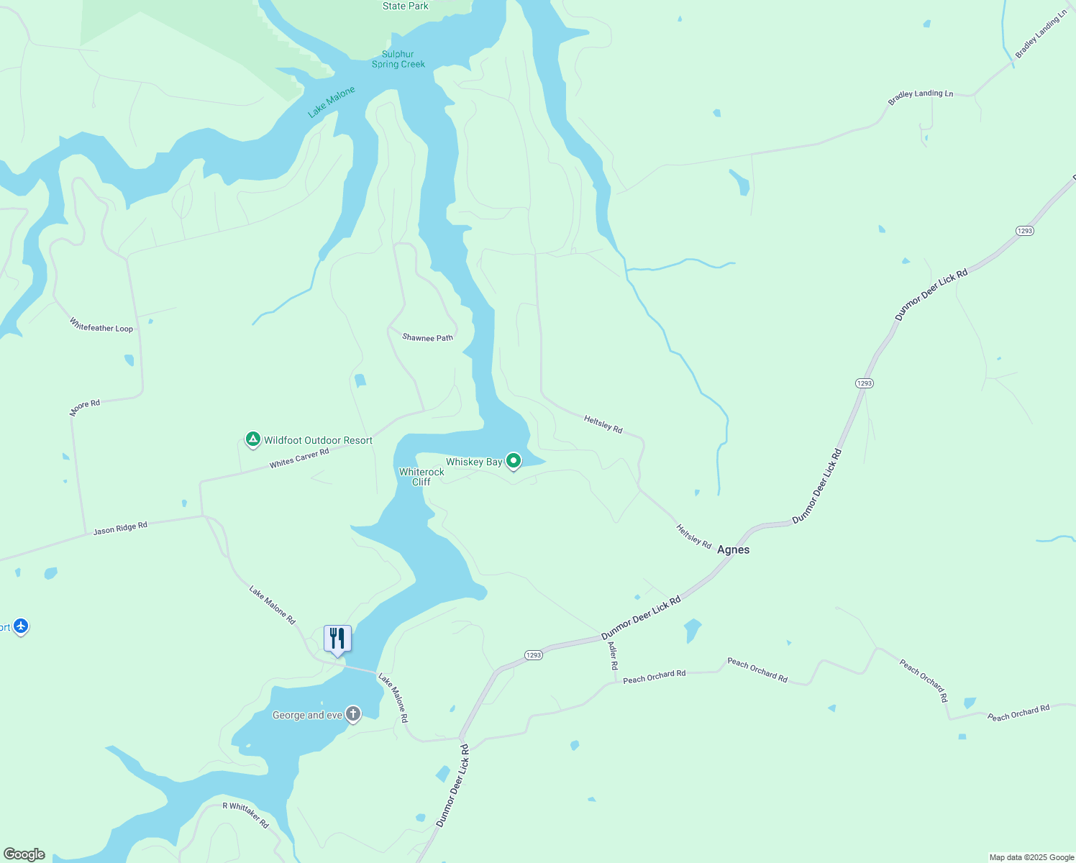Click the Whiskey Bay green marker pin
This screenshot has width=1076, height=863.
point(513,460)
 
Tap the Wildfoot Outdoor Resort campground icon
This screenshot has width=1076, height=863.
point(252,439)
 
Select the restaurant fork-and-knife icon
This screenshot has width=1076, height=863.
point(337,638)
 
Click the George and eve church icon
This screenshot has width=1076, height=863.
point(353,714)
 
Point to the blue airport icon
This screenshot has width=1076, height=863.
point(21,626)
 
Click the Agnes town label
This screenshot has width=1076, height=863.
point(733,549)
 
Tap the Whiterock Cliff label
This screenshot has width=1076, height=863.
point(421,477)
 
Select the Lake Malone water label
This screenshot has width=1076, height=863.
point(332,102)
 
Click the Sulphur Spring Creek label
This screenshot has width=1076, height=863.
point(398,59)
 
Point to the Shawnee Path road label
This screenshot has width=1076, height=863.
point(427,337)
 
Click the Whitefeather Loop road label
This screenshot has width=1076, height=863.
point(101,325)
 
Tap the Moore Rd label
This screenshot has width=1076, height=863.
point(85,408)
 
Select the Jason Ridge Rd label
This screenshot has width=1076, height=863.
point(120,528)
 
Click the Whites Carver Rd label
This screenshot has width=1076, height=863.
point(299,458)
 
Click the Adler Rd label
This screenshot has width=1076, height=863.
point(613,656)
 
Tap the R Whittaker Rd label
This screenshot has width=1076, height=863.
point(245,814)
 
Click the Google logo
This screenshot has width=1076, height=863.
point(24,854)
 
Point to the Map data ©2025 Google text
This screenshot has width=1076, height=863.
point(1031,857)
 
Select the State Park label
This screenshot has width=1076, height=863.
point(406,6)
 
